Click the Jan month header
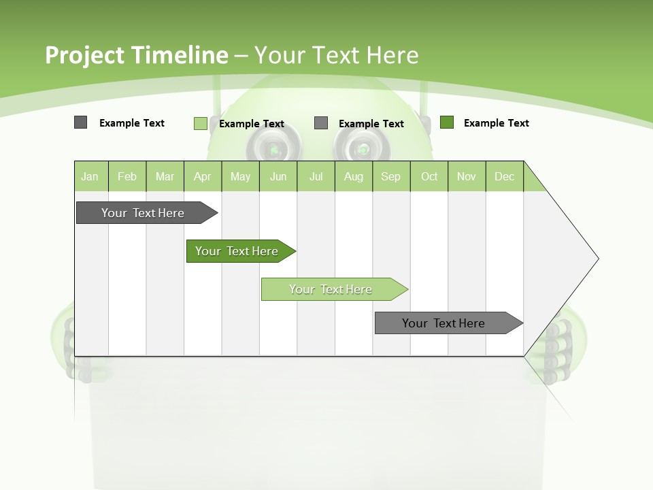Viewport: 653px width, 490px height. tap(90, 176)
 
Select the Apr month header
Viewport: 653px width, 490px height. tap(203, 176)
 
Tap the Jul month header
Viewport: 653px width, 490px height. tap(316, 176)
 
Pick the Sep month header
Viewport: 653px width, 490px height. tap(391, 176)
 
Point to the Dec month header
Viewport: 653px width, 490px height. tap(505, 176)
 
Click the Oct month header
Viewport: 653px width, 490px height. tap(429, 176)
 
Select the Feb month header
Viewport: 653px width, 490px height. tap(127, 176)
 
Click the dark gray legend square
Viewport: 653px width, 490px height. tap(80, 122)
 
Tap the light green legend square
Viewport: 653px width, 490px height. tap(200, 123)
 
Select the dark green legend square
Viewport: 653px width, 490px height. tap(447, 122)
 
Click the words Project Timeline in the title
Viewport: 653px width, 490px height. tap(136, 54)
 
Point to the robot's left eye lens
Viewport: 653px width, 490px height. tap(273, 148)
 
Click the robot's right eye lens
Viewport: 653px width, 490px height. tap(362, 148)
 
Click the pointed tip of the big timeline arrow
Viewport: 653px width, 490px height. tap(597, 259)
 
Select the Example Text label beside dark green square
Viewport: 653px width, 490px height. tap(496, 123)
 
